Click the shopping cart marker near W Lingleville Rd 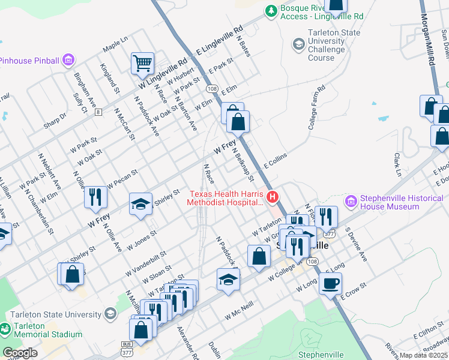point(142,63)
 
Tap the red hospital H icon point(273,196)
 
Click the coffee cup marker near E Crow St point(330,283)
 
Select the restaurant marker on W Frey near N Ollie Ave point(95,197)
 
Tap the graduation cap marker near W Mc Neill point(228,279)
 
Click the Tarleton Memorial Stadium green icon point(5,329)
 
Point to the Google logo point(20,353)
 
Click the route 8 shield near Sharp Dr point(97,112)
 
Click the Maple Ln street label point(115,43)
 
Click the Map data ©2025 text point(424,355)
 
